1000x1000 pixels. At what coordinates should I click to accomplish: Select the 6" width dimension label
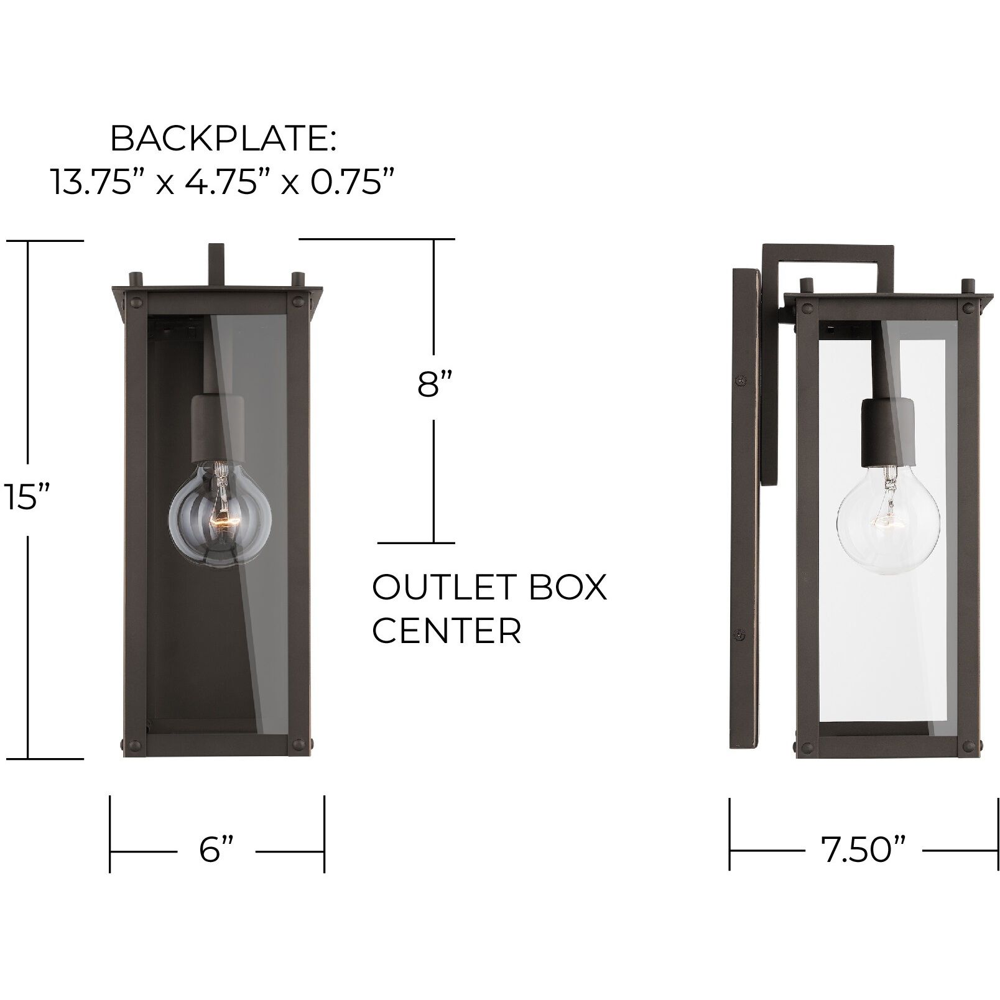point(217,850)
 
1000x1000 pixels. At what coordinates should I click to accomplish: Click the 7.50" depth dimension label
point(864,850)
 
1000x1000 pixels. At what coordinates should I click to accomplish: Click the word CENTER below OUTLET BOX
point(447,631)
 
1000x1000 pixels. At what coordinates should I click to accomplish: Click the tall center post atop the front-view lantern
point(216,264)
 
